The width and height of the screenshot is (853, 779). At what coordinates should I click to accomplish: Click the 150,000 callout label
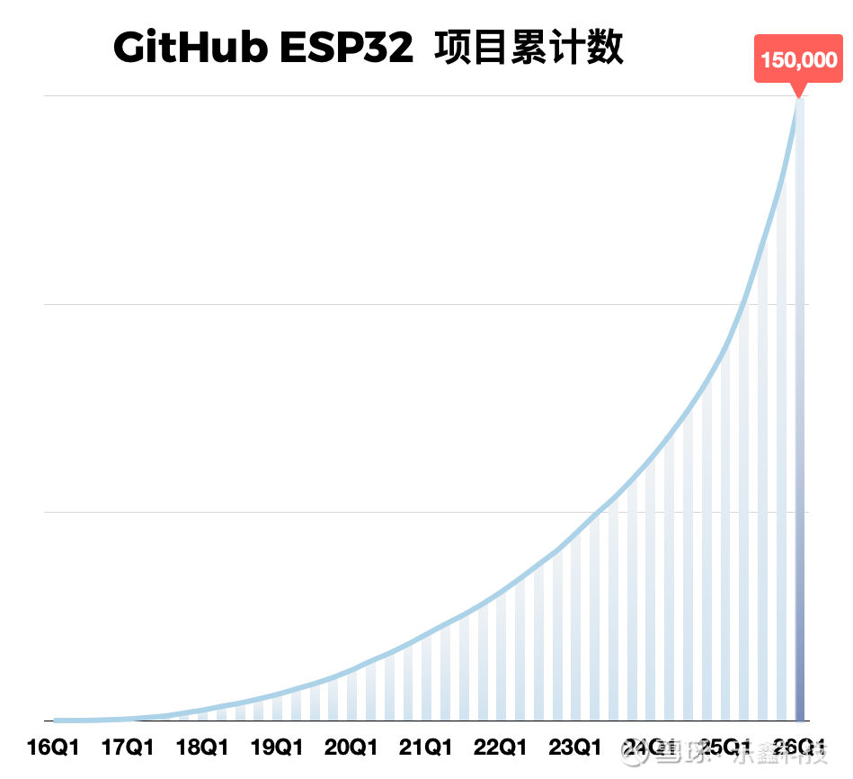[798, 60]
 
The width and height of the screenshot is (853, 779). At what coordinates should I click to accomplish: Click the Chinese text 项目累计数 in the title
[529, 48]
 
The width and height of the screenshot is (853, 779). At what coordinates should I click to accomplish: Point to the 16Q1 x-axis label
[53, 748]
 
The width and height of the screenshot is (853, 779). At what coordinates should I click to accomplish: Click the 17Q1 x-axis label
[128, 748]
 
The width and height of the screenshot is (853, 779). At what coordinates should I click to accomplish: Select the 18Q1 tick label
[202, 748]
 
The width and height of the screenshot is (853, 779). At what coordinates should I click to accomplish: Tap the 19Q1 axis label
[277, 748]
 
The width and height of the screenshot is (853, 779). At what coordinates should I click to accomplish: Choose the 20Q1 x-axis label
[351, 748]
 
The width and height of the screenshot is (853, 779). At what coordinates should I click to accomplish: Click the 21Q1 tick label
[426, 748]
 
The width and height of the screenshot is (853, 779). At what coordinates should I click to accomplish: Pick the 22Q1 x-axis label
[501, 748]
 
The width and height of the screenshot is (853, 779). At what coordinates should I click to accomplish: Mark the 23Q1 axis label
[575, 748]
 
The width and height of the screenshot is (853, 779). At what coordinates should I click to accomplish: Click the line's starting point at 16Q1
[56, 720]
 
